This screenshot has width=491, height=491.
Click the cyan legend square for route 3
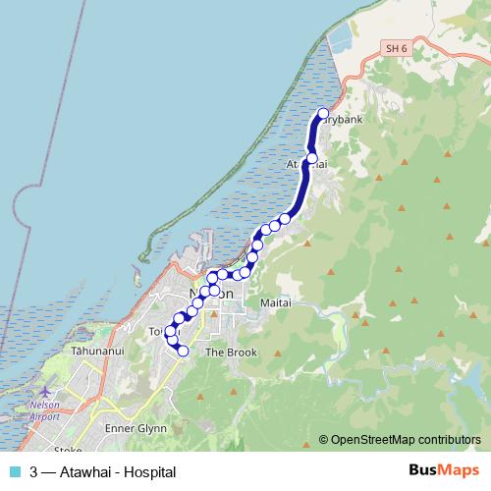pyautogui.click(x=15, y=472)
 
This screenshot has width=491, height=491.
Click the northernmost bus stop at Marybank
pyautogui.click(x=323, y=113)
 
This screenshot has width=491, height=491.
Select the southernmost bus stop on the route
pyautogui.click(x=183, y=350)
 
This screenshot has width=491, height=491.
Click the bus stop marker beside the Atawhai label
pyautogui.click(x=312, y=158)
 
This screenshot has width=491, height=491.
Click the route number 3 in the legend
pyautogui.click(x=34, y=472)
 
